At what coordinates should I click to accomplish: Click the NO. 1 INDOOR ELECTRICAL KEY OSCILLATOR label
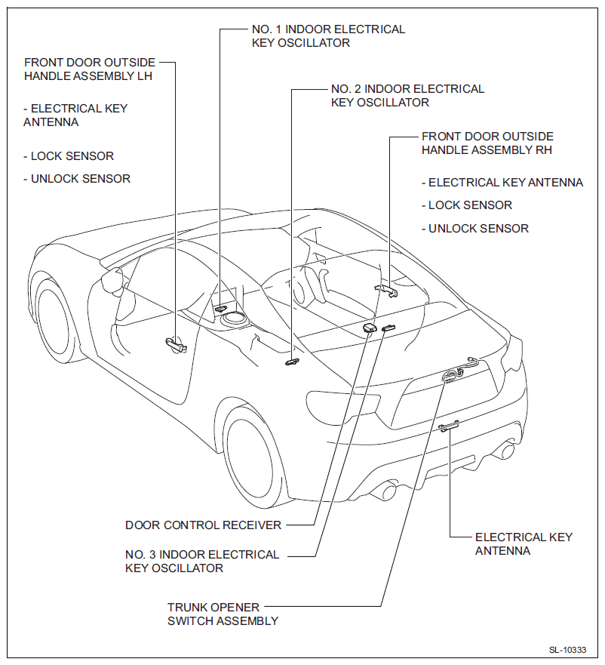point(327,36)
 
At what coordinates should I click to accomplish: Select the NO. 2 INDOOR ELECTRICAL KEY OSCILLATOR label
point(407,95)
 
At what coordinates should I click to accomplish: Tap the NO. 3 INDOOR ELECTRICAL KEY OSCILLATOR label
point(202,561)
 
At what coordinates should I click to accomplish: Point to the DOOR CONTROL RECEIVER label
point(203,525)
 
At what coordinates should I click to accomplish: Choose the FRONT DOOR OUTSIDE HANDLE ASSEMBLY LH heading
point(89,69)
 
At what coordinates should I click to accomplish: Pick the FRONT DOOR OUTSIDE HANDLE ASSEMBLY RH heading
point(487,143)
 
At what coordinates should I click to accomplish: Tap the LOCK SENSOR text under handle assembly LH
point(69,156)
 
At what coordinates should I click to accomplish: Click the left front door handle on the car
point(177,344)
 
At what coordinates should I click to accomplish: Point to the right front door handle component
point(386,289)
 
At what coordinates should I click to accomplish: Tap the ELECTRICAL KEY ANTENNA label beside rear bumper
point(524,543)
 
